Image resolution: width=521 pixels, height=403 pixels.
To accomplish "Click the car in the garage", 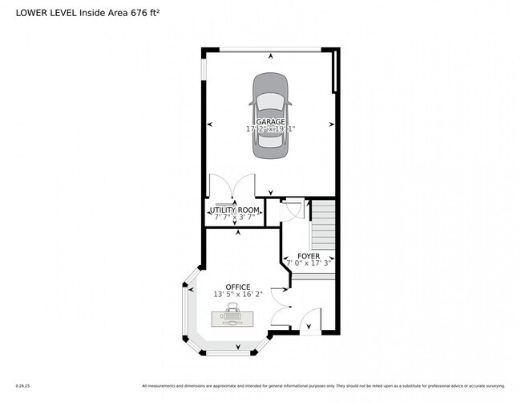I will click(270, 116).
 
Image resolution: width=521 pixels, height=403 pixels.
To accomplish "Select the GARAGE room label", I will click(270, 121).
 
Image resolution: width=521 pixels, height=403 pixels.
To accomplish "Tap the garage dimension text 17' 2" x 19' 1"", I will click(270, 128).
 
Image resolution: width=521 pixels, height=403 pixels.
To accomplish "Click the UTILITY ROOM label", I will click(234, 210).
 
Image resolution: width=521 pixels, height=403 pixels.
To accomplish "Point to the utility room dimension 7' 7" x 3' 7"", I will click(234, 217).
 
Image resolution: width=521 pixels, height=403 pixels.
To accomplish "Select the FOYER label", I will click(309, 256).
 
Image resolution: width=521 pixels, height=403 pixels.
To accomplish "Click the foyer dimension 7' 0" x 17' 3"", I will click(309, 263).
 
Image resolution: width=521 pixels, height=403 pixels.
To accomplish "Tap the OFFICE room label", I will click(237, 287).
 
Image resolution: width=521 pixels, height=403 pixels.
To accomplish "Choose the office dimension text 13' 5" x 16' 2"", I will click(237, 295).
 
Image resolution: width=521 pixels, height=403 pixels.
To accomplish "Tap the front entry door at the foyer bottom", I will click(310, 321).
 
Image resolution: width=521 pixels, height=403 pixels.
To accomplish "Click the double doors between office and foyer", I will click(281, 302).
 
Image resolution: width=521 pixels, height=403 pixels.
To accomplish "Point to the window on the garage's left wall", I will click(204, 68).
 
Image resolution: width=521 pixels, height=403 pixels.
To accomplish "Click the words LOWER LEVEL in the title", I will click(44, 12).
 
